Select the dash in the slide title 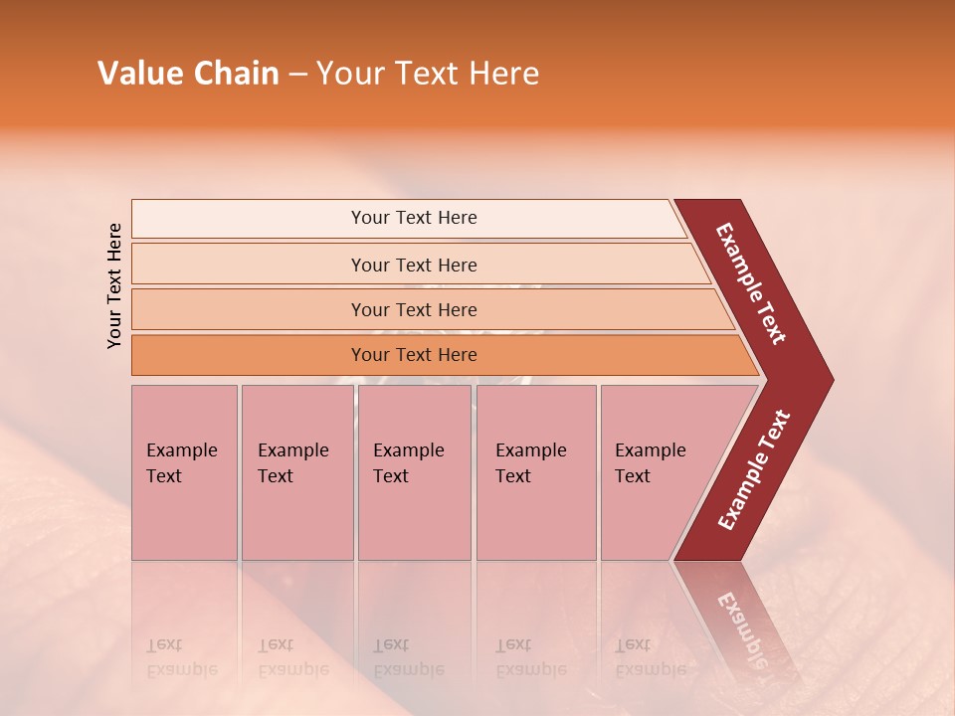(297, 75)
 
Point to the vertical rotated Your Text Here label (114, 285)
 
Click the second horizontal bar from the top (414, 265)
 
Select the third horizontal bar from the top (414, 309)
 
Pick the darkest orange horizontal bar (414, 355)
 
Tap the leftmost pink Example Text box (184, 472)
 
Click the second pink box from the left (296, 472)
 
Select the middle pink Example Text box (414, 472)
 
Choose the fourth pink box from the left (536, 472)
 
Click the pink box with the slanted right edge (662, 472)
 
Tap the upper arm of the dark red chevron (752, 283)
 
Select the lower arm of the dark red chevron (754, 469)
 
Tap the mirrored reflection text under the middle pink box (408, 657)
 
